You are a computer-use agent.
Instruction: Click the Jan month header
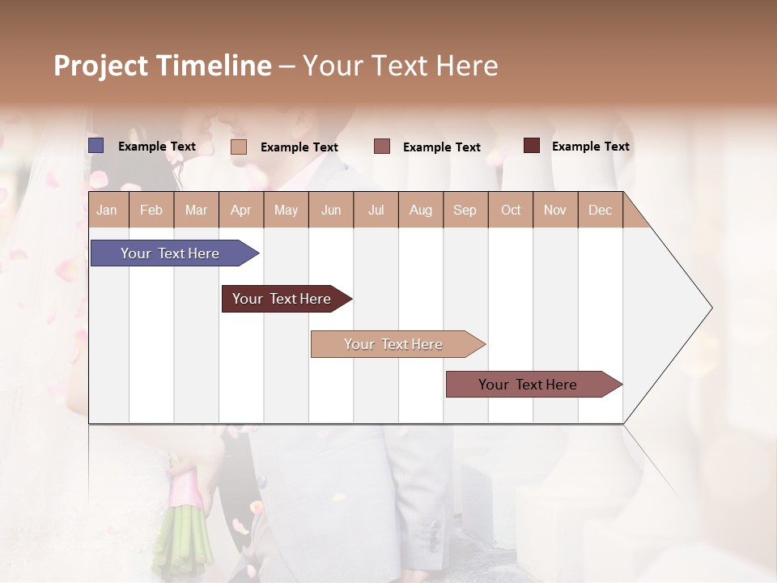[x=108, y=210]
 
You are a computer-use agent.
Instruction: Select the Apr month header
[x=241, y=210]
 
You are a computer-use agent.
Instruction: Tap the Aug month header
[x=421, y=210]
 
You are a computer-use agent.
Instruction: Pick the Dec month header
[x=600, y=210]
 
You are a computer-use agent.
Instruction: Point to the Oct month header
[x=511, y=210]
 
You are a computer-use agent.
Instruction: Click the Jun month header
[x=331, y=210]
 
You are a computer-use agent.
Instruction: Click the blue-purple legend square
[x=96, y=146]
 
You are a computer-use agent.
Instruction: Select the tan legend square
[x=239, y=147]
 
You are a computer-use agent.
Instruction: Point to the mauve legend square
[x=382, y=147]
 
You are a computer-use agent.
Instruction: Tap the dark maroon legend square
[x=532, y=146]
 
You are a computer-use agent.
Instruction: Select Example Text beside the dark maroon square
[x=590, y=147]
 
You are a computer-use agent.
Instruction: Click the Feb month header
[x=151, y=210]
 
